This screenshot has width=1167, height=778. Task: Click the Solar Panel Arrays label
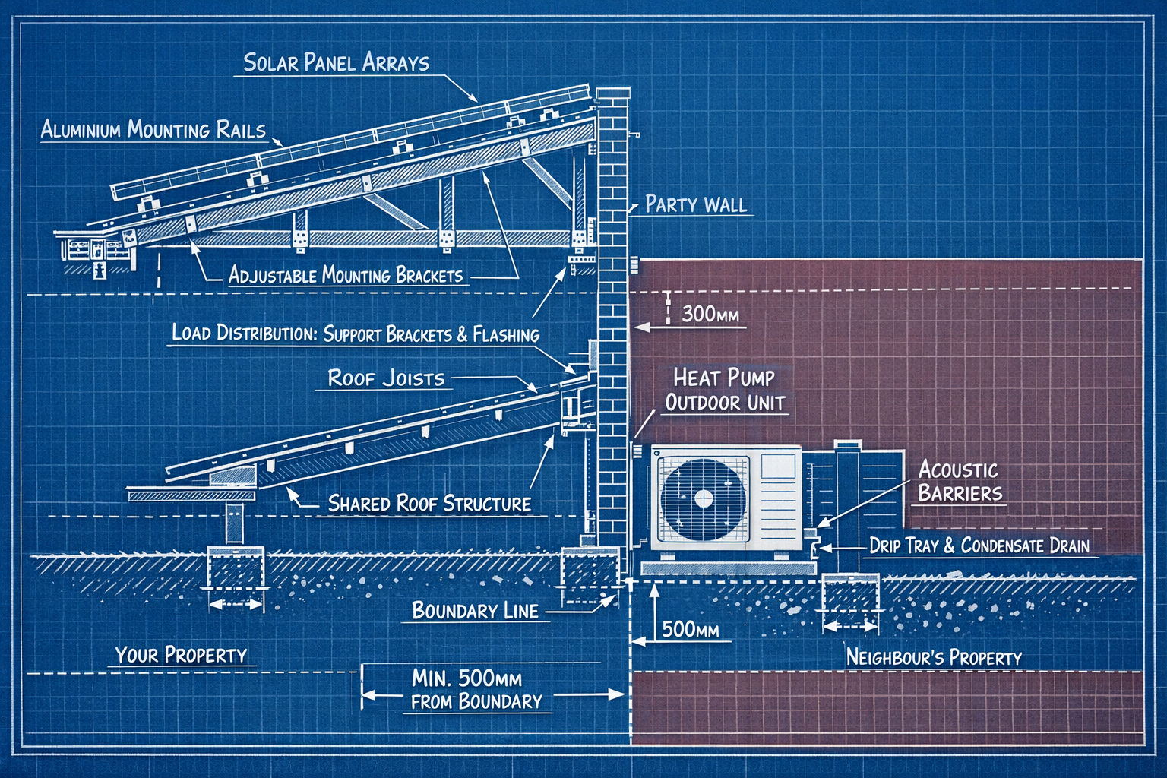(x=336, y=62)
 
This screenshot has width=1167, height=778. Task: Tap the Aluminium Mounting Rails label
(x=153, y=129)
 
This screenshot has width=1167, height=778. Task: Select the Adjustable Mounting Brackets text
(x=346, y=275)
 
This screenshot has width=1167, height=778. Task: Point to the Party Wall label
(x=695, y=204)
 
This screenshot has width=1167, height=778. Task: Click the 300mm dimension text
(x=710, y=314)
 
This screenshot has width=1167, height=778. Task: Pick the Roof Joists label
(x=386, y=378)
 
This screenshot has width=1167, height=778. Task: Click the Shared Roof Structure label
(x=429, y=504)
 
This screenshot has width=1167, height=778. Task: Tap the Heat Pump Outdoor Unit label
(x=724, y=390)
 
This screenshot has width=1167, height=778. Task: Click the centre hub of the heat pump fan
(x=704, y=498)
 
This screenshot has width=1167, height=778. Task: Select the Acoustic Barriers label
(x=960, y=481)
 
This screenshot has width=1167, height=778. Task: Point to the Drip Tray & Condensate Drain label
(x=979, y=546)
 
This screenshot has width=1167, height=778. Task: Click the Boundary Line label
(x=475, y=611)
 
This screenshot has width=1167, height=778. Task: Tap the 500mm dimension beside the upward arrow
(x=690, y=629)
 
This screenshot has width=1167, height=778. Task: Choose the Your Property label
(x=181, y=655)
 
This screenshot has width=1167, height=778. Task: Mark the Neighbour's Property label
(x=934, y=657)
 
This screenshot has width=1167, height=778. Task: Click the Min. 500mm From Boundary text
(x=477, y=689)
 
